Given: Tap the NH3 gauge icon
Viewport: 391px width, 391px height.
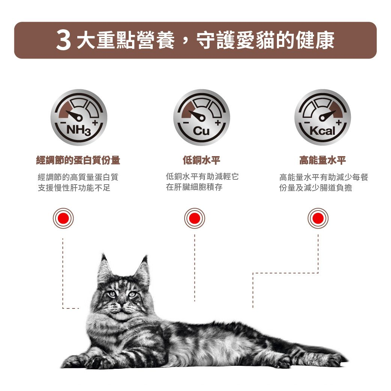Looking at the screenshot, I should click(79, 117).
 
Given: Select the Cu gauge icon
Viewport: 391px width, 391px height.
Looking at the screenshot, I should click(202, 117).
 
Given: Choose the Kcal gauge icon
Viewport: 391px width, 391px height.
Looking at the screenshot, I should click(322, 117).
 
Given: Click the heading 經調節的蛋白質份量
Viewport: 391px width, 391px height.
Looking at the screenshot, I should click(78, 161).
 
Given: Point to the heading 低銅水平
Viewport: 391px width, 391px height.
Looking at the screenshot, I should click(202, 161).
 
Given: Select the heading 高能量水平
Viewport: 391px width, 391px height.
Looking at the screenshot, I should click(322, 161).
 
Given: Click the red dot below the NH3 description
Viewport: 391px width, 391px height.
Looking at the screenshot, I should click(63, 218).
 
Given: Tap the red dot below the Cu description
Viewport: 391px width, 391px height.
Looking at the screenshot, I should click(194, 218).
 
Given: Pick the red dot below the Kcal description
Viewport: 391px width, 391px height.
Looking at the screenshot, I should click(318, 218).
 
